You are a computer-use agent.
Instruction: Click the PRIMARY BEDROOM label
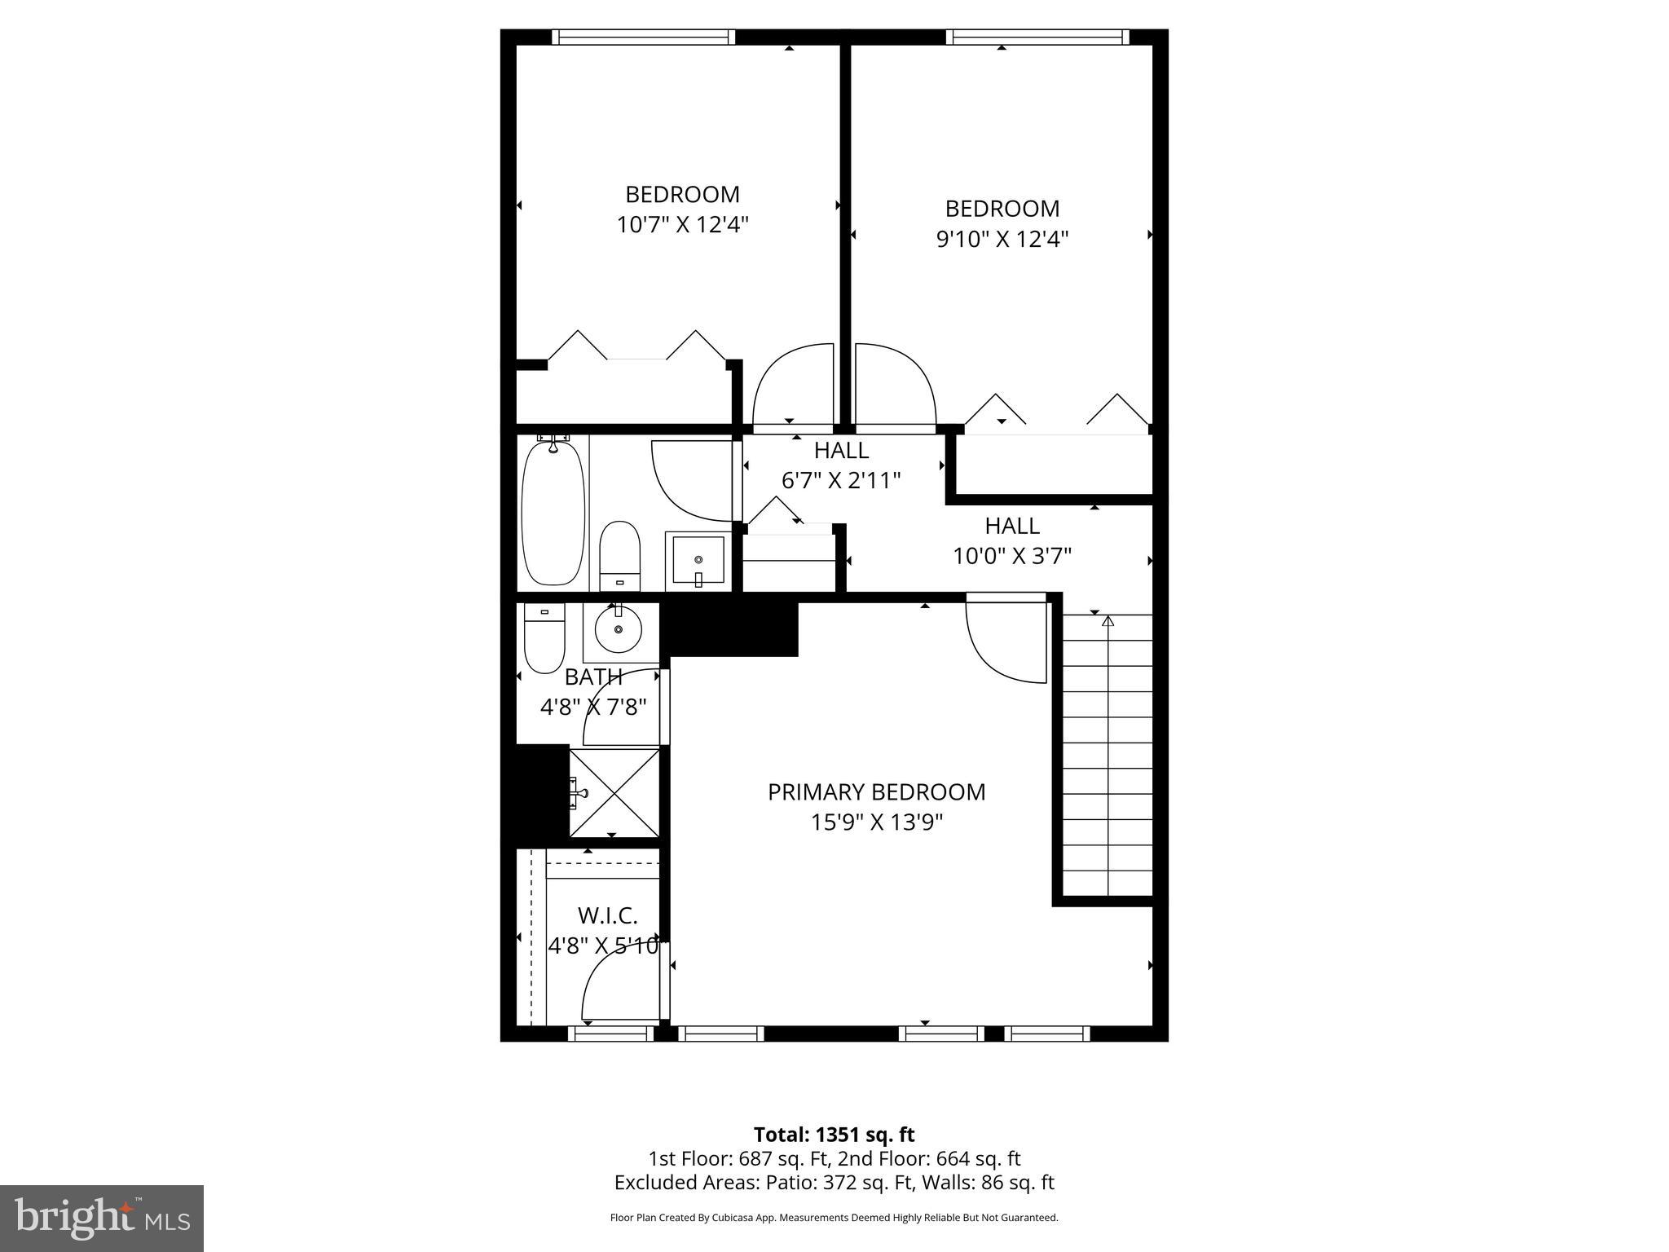(x=876, y=791)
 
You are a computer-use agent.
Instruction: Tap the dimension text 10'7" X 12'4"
(x=682, y=225)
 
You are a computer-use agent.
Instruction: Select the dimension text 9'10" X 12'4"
(x=1002, y=239)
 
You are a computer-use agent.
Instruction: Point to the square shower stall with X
(x=614, y=792)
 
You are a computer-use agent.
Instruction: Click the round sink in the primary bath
(x=619, y=629)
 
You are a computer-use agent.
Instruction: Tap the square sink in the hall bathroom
(x=698, y=560)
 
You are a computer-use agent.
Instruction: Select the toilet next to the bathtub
(x=619, y=556)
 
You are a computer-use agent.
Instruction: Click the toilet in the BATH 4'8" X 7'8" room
(x=544, y=637)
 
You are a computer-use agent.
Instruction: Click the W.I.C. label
(x=607, y=915)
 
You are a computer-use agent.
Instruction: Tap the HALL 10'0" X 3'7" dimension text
(x=1012, y=556)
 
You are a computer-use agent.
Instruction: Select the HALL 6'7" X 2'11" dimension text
(x=841, y=480)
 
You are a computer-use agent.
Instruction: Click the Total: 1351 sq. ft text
(x=834, y=1135)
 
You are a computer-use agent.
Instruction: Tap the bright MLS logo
(x=102, y=1218)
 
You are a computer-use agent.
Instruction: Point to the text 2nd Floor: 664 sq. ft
(x=929, y=1158)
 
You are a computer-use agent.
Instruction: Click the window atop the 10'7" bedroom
(x=643, y=37)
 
